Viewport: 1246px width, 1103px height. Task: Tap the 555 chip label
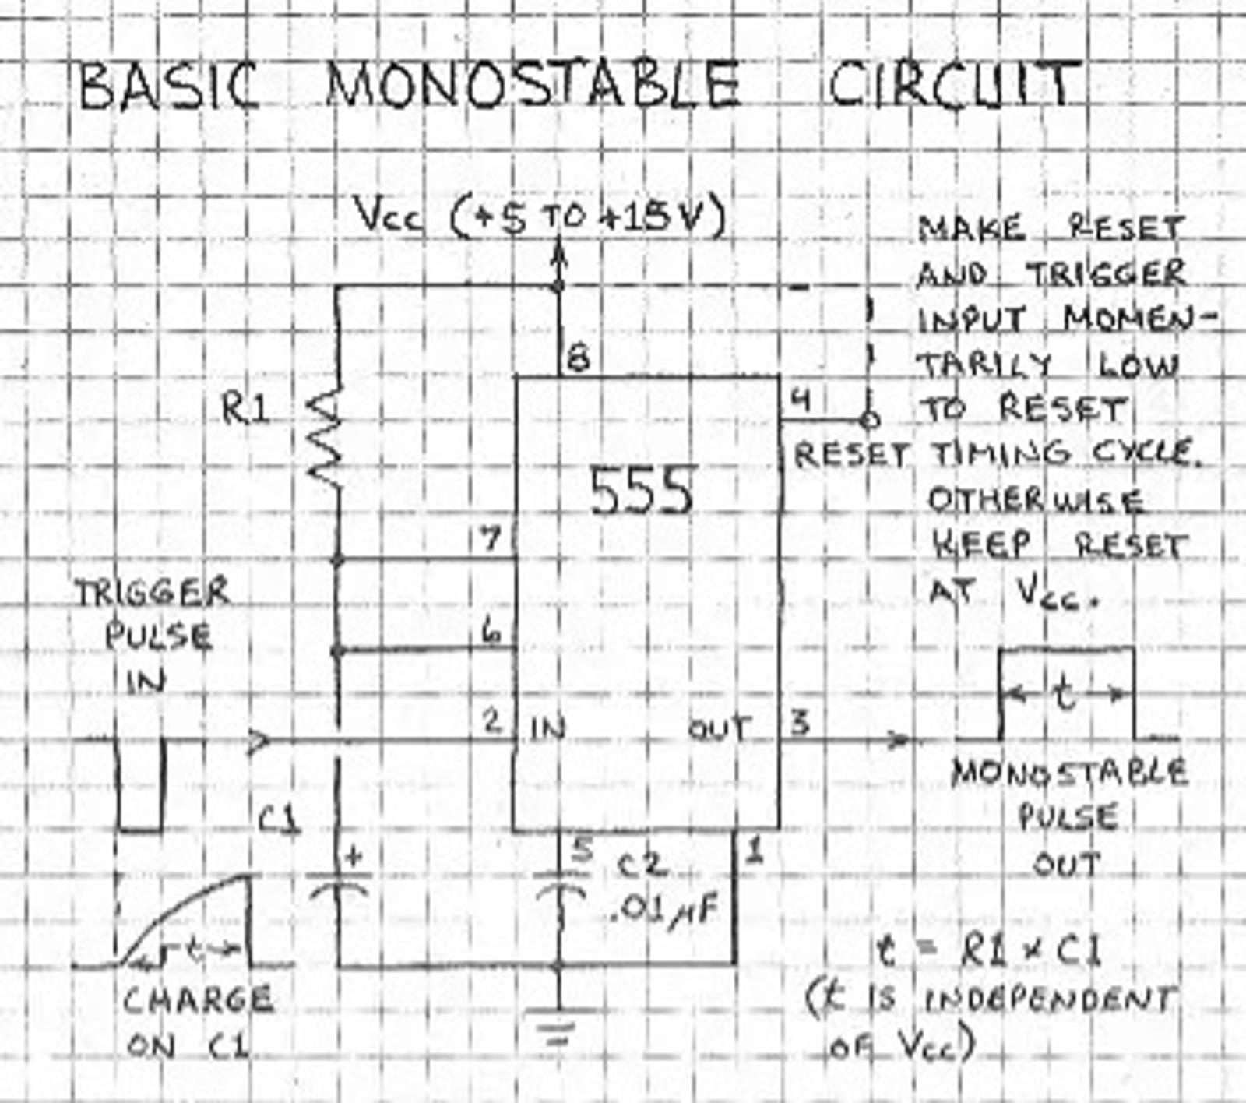640,492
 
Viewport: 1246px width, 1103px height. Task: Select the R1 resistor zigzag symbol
326,440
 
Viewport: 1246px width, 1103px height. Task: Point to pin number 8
579,359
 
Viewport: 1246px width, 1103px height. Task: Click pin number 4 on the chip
801,400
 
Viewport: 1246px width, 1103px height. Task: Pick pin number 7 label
490,537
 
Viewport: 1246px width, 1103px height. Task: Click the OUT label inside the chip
718,730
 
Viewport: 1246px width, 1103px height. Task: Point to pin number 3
800,723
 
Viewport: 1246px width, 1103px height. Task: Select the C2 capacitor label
641,865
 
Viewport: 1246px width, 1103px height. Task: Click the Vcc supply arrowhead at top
558,253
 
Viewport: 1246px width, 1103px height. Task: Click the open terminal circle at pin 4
870,421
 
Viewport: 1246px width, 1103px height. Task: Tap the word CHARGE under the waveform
198,1000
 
